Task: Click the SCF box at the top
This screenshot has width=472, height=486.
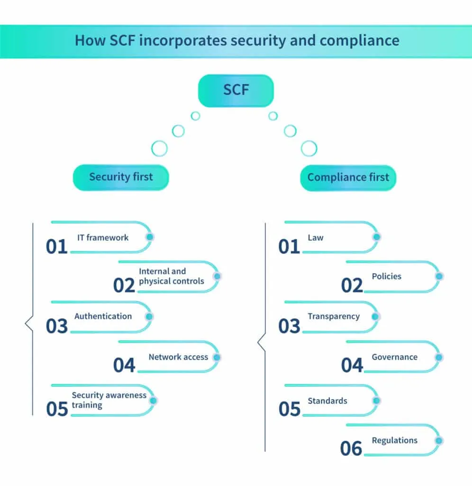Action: point(236,90)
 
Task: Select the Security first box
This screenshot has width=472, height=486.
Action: point(121,178)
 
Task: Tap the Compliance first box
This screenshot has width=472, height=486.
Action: point(348,178)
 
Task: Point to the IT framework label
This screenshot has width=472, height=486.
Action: point(103,237)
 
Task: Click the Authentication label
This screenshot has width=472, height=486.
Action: point(103,316)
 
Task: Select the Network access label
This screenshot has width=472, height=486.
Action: point(178,357)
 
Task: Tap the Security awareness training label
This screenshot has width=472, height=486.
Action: point(109,400)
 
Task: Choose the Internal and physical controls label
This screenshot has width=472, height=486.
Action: point(171,276)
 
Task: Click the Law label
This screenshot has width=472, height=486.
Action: point(316,237)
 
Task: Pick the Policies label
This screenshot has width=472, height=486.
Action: point(386,276)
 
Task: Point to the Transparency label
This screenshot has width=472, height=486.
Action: point(334,316)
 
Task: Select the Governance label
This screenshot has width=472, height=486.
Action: point(394,357)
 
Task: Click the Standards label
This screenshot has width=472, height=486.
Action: point(327,401)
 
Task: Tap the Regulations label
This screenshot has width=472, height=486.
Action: point(394,440)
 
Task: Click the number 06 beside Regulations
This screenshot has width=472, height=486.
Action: point(351,449)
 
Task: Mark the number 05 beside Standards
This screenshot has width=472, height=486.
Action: point(290,409)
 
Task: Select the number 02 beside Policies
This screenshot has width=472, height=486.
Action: point(352,285)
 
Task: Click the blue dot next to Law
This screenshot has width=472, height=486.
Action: point(376,237)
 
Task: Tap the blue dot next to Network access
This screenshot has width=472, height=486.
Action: point(217,357)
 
